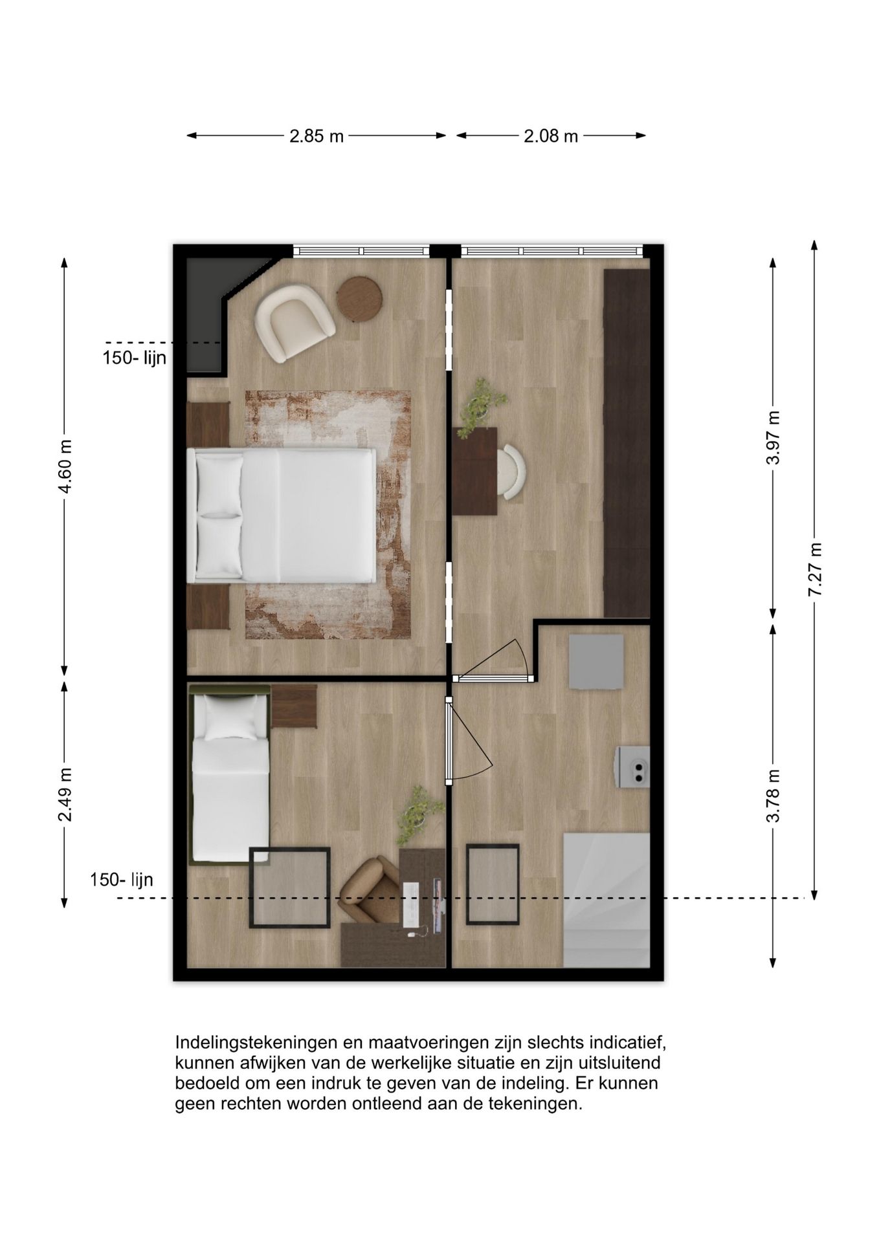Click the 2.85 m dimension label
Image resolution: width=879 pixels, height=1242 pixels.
click(316, 136)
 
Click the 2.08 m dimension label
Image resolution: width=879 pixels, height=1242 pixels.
click(550, 136)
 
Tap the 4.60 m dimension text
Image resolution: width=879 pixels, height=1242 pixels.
click(65, 466)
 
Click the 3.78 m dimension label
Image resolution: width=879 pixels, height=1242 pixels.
click(773, 796)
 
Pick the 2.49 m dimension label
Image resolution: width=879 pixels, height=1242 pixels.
click(65, 794)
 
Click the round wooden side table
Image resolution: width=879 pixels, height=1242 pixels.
click(359, 299)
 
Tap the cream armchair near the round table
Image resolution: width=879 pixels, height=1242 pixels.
click(293, 321)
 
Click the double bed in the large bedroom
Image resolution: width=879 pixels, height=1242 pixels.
click(282, 516)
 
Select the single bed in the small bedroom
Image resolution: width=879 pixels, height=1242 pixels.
click(230, 773)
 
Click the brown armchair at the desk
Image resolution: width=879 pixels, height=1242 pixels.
click(371, 890)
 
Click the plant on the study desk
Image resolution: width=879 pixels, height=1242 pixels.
click(481, 404)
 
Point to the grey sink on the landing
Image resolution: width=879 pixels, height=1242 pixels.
click(632, 767)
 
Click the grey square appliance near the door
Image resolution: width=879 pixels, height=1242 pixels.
click(596, 661)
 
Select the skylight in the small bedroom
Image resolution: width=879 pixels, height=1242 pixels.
click(290, 888)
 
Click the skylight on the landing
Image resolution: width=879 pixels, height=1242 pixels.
click(493, 884)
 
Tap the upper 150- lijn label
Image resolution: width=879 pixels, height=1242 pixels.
click(135, 358)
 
